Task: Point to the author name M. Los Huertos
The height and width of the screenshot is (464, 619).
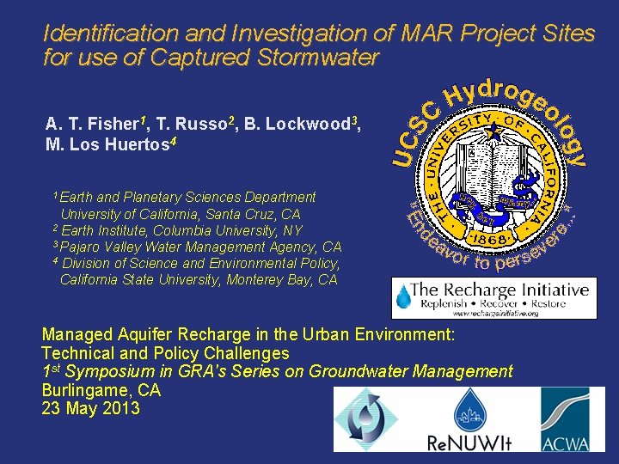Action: click(x=107, y=143)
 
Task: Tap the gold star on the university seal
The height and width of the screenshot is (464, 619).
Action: click(x=493, y=132)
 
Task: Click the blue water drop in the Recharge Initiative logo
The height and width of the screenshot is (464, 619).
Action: click(x=403, y=296)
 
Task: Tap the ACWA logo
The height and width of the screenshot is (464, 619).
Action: click(x=567, y=418)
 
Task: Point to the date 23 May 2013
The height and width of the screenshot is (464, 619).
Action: click(x=90, y=408)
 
